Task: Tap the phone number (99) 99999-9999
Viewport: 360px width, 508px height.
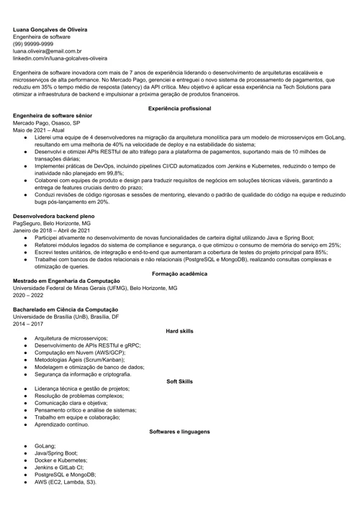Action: click(33, 44)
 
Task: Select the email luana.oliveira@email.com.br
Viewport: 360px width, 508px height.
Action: click(47, 51)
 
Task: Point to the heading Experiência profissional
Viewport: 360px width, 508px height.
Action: click(179, 108)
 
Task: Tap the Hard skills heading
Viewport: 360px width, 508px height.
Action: click(179, 331)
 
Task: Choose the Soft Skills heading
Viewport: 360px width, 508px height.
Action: click(179, 381)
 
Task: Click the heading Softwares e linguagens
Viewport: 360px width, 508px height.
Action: click(179, 432)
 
